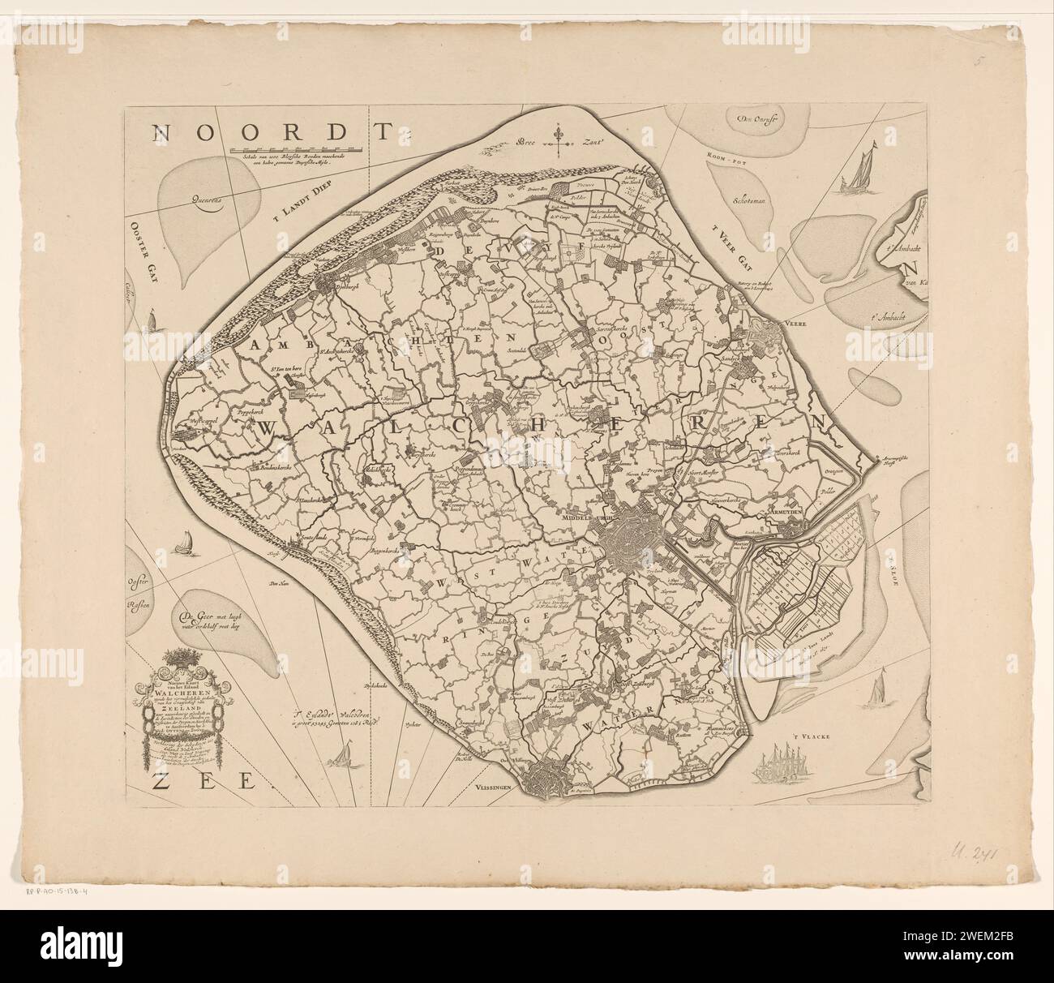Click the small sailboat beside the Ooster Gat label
[x=149, y=323]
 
